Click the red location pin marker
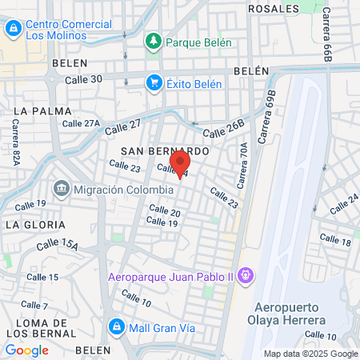tap(180, 162)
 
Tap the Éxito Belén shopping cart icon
tap(153, 82)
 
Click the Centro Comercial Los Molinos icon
tap(12, 30)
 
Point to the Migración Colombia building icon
tap(61, 190)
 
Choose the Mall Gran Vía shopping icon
tap(117, 326)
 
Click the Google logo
tap(26, 350)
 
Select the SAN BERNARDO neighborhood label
tap(165, 150)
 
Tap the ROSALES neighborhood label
tap(274, 7)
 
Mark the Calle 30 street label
tap(83, 78)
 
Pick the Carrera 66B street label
tap(327, 37)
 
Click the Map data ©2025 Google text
tap(311, 354)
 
